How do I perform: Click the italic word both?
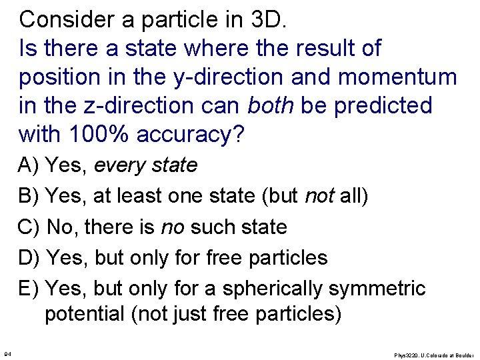point(273,105)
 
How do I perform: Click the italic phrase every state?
point(146,165)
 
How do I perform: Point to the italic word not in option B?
point(319,196)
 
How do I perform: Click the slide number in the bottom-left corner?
point(7,353)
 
